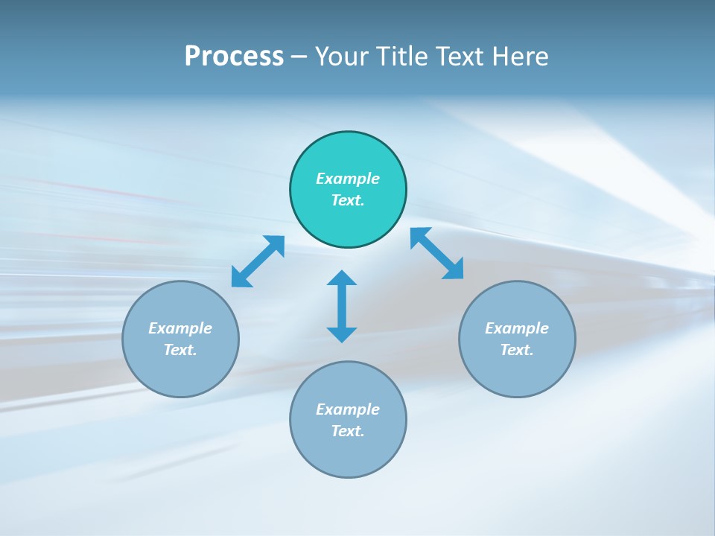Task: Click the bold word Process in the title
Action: point(234,57)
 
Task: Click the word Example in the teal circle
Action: point(348,179)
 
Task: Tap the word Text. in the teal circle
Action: point(348,200)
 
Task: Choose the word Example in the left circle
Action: point(180,328)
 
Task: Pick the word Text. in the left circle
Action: point(180,350)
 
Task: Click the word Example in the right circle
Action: point(517,328)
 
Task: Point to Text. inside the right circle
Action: point(517,350)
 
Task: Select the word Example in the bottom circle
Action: point(348,409)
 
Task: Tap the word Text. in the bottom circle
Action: point(348,431)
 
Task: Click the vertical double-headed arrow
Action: point(342,307)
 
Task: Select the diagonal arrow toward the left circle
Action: point(258,261)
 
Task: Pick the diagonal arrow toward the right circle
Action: point(437,253)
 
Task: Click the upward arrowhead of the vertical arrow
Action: point(342,278)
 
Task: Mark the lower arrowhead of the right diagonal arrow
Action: point(454,269)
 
